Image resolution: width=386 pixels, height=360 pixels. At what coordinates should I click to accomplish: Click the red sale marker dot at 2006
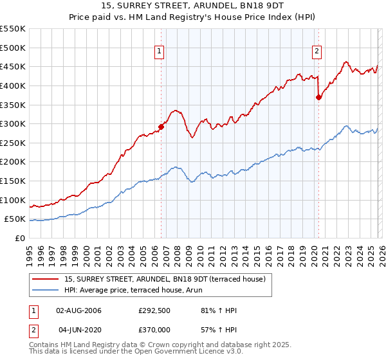(x=161, y=127)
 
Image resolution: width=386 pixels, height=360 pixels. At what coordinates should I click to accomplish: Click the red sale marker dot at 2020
(x=318, y=97)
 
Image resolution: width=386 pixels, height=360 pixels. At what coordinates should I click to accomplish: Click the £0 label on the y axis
(x=20, y=238)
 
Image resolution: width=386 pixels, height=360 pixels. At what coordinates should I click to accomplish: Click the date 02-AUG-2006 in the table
(x=79, y=310)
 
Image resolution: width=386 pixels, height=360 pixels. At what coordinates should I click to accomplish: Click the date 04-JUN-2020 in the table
(x=79, y=330)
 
